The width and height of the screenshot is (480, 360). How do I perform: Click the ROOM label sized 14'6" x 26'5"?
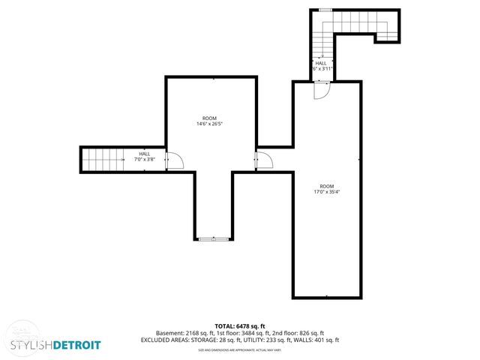point(210,118)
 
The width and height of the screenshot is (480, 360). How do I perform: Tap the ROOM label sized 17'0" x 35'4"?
point(327,186)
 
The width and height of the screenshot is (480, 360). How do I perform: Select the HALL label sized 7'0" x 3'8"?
point(144,154)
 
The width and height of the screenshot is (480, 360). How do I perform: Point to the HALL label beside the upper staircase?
point(320,63)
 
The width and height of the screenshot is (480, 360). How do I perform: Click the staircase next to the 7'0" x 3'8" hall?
point(103,159)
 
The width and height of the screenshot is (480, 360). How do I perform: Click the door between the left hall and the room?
point(172,160)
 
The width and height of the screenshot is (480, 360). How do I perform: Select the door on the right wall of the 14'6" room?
point(263,160)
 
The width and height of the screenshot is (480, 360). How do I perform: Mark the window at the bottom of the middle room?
point(214,239)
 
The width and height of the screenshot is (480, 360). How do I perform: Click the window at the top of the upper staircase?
point(325,10)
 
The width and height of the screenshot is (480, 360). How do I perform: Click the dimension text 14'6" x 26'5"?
point(210,124)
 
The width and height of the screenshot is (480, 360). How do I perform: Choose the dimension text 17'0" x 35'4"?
point(327,191)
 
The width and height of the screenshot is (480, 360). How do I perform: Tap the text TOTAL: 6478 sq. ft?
point(241,326)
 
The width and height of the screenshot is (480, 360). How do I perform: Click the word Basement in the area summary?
point(169,333)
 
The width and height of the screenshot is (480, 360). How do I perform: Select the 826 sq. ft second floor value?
point(312,333)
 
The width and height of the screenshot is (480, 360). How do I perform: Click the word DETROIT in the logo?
point(73,345)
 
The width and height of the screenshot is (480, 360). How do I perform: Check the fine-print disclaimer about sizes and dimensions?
point(240,349)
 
